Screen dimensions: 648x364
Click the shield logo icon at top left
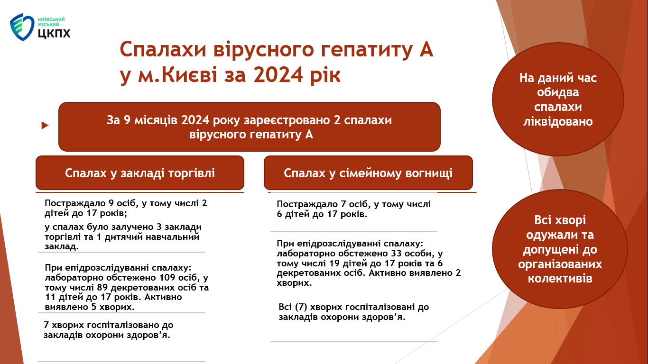(22, 27)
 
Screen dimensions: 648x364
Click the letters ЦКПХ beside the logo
(54, 33)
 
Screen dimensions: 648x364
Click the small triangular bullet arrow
(45, 126)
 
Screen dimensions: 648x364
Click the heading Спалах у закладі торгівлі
(140, 173)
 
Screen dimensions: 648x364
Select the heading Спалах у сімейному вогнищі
(368, 173)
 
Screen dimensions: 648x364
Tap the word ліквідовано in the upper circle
(558, 121)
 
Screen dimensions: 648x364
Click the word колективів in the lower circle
(560, 279)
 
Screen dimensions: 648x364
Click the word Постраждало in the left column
(75, 203)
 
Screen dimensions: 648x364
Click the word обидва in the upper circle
(558, 92)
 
